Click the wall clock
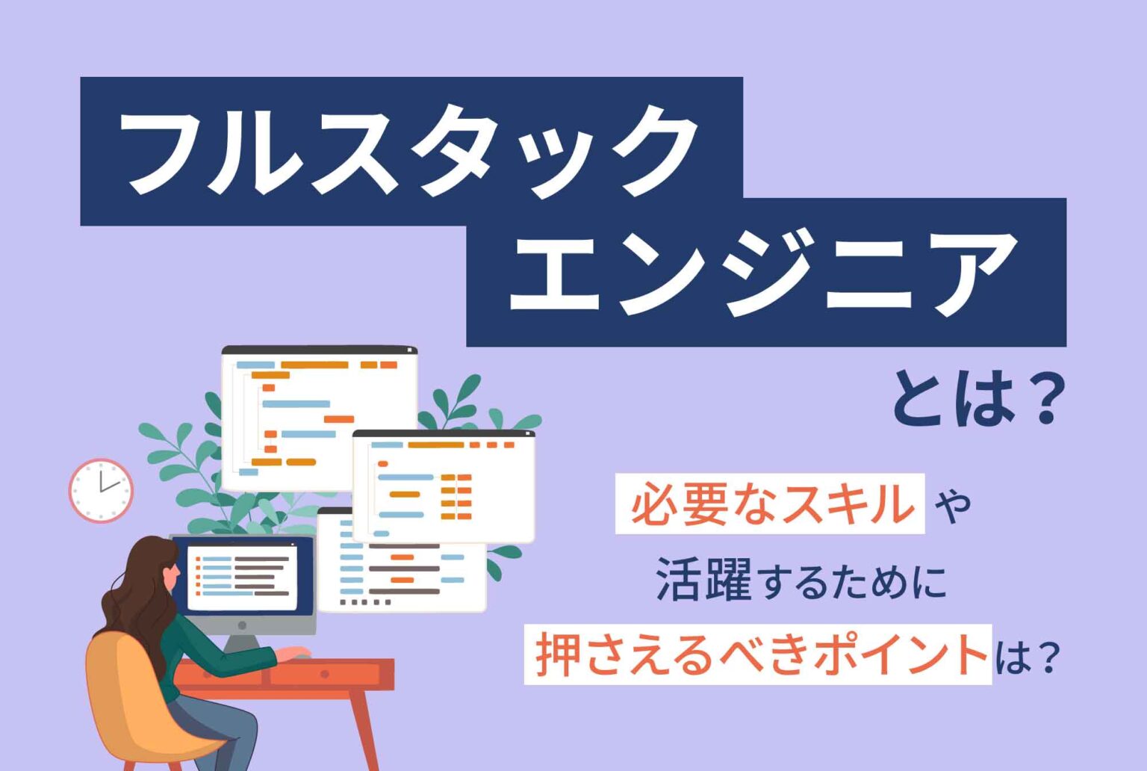coord(101,490)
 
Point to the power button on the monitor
coord(242,625)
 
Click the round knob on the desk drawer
coord(324,674)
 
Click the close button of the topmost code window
coord(409,350)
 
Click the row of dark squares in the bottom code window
coord(366,602)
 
